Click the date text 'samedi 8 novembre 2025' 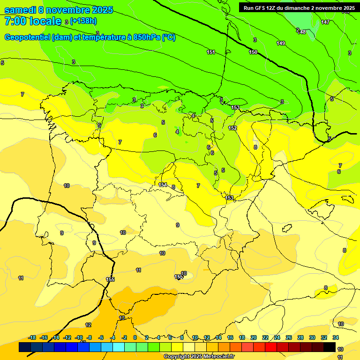point(59,10)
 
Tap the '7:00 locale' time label point(33,21)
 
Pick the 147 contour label point(325,22)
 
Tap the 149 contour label point(281,44)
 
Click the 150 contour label point(253,52)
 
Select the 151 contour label point(211,52)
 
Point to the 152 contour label point(232,128)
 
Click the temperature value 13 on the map point(122,318)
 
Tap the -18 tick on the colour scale point(32,337)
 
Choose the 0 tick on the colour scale point(135,337)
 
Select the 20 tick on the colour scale point(253,337)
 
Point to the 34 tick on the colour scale point(336,337)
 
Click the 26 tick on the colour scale point(289,337)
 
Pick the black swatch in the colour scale point(330,347)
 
